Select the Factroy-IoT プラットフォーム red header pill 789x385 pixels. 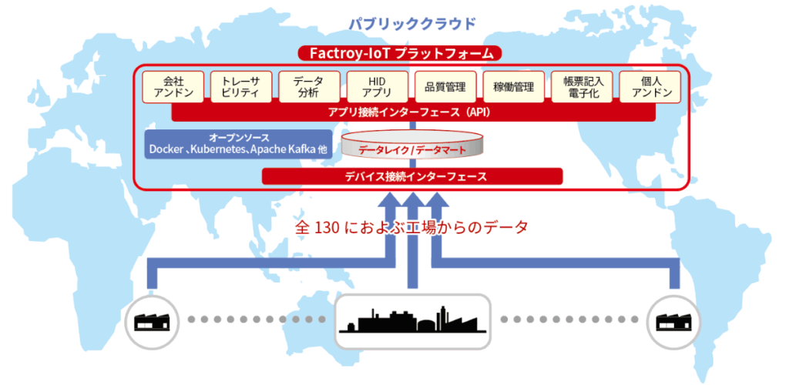click(400, 53)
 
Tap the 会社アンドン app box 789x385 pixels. click(173, 87)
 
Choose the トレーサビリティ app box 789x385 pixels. click(241, 87)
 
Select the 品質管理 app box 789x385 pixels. click(445, 87)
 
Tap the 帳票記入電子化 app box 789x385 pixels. click(582, 87)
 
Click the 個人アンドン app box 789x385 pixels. click(650, 87)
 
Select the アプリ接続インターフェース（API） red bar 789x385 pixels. click(414, 113)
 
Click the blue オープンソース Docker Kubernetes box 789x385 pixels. click(239, 144)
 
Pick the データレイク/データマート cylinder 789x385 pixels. click(412, 145)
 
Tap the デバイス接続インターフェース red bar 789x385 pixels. click(412, 176)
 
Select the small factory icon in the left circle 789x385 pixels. click(152, 322)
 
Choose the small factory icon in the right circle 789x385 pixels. click(672, 322)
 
